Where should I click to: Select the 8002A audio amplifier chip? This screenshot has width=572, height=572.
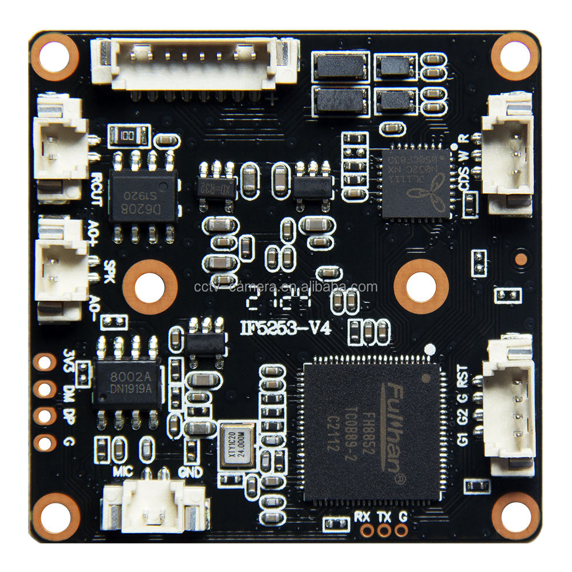coord(127,382)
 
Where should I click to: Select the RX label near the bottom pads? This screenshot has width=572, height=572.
coord(362,517)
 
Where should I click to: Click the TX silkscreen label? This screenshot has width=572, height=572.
coord(384,517)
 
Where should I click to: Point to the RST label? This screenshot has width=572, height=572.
coord(462,378)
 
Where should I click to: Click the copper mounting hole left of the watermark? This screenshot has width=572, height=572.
coord(150,286)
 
